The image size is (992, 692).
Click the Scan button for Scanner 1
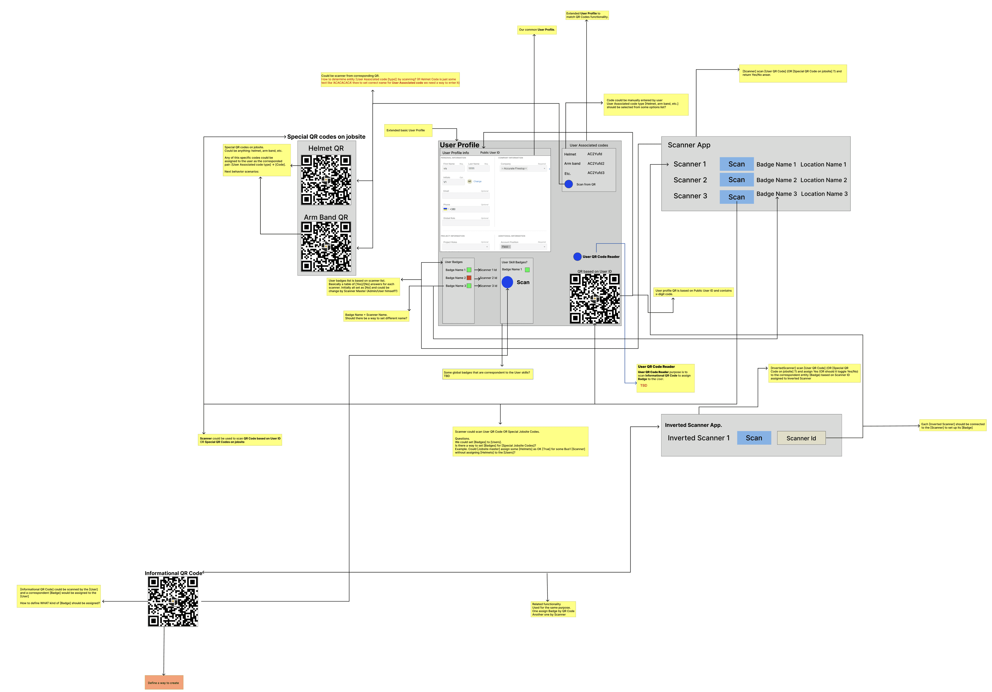pyautogui.click(x=736, y=164)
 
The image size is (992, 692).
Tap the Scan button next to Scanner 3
pyautogui.click(x=736, y=197)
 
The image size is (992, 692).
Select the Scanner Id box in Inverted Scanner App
pyautogui.click(x=801, y=438)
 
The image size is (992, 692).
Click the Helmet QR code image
pyautogui.click(x=326, y=180)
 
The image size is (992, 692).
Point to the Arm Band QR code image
pyautogui.click(x=326, y=247)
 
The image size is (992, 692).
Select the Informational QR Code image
pyautogui.click(x=173, y=601)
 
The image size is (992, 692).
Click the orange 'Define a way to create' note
pyautogui.click(x=164, y=683)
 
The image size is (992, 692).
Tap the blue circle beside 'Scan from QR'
pyautogui.click(x=569, y=184)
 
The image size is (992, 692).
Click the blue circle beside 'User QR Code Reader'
pyautogui.click(x=577, y=256)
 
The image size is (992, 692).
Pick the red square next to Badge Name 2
pyautogui.click(x=469, y=278)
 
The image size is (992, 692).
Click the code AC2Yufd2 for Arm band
pyautogui.click(x=596, y=163)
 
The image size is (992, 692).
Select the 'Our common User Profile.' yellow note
pyautogui.click(x=537, y=30)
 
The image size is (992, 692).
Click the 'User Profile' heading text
pyautogui.click(x=459, y=145)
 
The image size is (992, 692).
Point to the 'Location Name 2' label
pyautogui.click(x=823, y=180)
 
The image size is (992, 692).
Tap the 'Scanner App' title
pyautogui.click(x=689, y=145)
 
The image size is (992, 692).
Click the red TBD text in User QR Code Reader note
pyautogui.click(x=643, y=385)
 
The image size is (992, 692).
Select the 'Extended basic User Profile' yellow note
pyautogui.click(x=408, y=130)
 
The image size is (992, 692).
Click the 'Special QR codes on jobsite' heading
pyautogui.click(x=326, y=136)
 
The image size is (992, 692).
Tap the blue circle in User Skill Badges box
pyautogui.click(x=507, y=282)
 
